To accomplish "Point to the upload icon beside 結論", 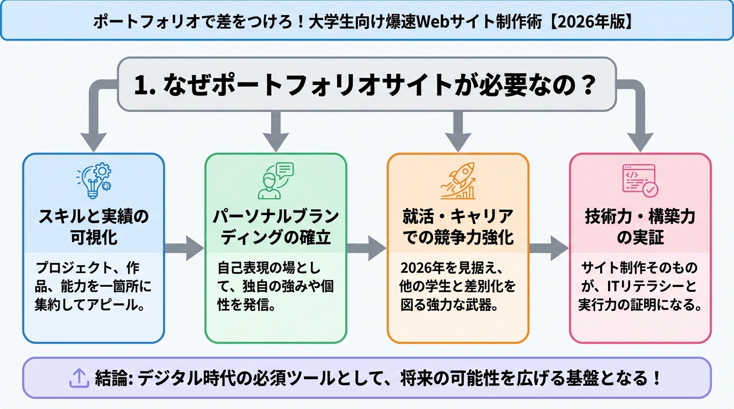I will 79,378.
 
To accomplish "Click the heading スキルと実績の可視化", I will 94,227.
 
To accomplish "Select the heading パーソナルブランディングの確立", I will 276,227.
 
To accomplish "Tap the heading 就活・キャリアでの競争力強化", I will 458,227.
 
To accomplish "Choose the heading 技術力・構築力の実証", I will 640,227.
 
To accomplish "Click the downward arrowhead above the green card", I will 276,143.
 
